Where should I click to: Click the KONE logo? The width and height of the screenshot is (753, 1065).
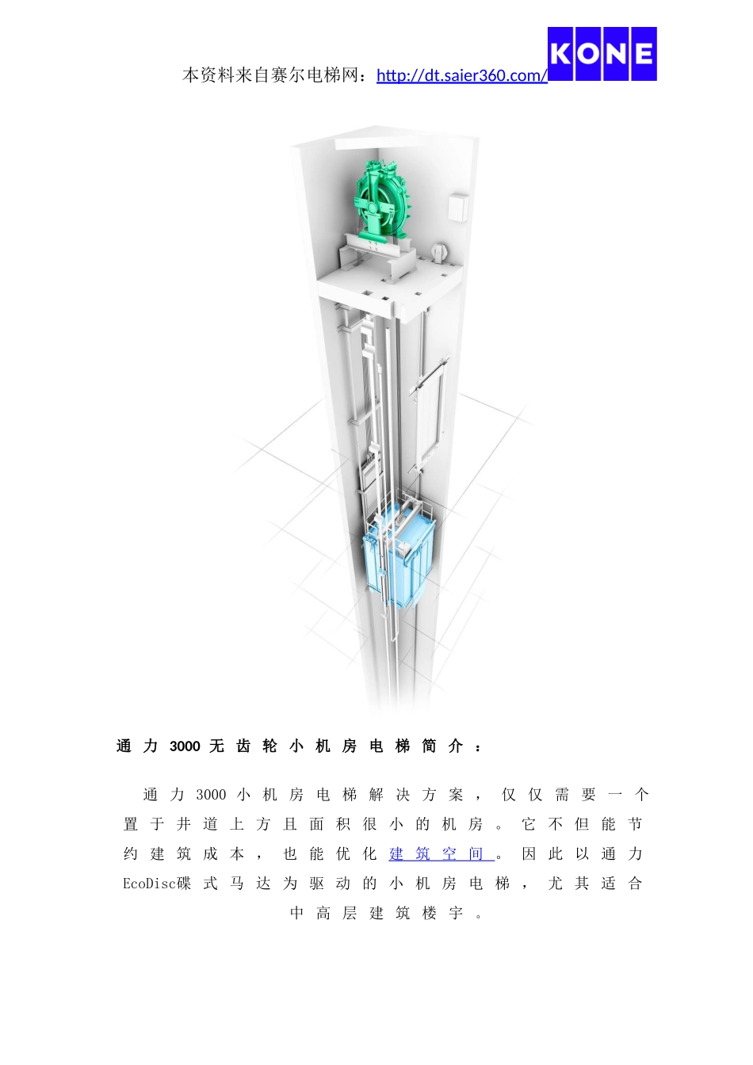(602, 54)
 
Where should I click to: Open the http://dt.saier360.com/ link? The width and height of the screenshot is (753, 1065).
(462, 75)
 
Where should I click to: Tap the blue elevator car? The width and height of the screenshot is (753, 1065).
(399, 555)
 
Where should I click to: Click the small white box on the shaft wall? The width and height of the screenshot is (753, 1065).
(458, 207)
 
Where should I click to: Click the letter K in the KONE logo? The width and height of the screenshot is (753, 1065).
(561, 54)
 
